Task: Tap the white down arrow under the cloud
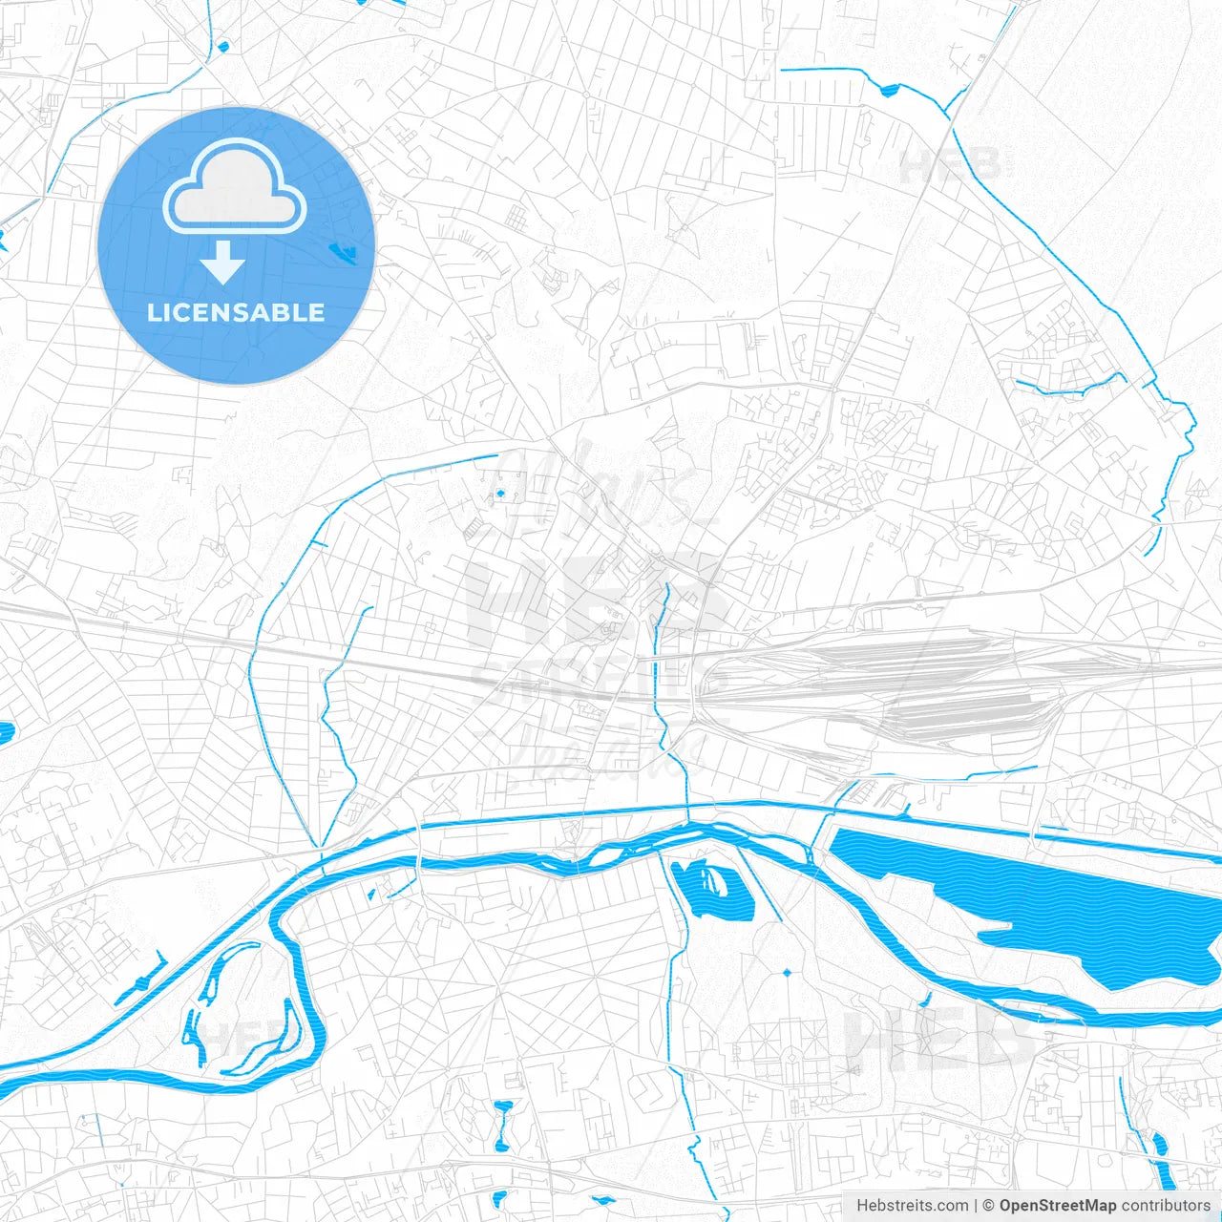click(x=222, y=263)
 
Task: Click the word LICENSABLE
click(x=236, y=312)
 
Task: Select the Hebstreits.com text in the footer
click(x=913, y=1206)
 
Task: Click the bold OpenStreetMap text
click(x=1057, y=1206)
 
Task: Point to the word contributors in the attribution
click(x=1166, y=1206)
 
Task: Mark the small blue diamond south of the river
click(x=787, y=972)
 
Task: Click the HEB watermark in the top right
click(x=950, y=166)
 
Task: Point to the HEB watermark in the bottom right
click(x=940, y=1036)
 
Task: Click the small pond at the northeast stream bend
click(x=890, y=91)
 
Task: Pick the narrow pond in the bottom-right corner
click(x=1159, y=1146)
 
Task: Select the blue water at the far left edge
click(x=5, y=733)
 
